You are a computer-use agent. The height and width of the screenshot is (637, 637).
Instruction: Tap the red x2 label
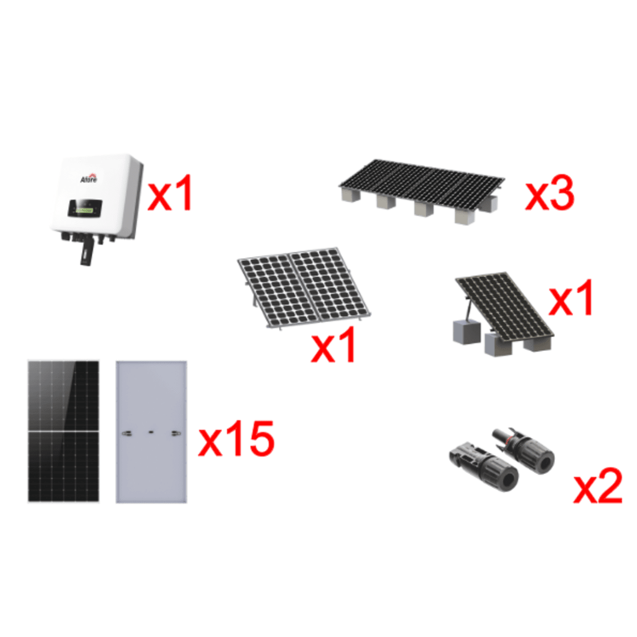pos(597,487)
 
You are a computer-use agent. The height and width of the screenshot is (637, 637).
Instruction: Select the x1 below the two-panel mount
pos(333,346)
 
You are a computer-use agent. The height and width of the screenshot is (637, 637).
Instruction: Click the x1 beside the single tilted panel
pos(572,300)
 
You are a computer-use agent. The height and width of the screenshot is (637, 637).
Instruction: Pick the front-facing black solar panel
pos(63,430)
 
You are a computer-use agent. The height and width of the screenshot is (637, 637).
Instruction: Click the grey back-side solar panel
pos(151,430)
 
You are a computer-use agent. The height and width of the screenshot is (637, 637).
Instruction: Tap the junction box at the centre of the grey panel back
pos(151,430)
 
